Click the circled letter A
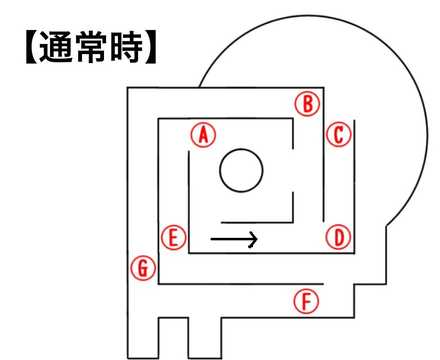pyautogui.click(x=203, y=134)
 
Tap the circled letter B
pyautogui.click(x=308, y=102)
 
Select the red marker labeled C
pyautogui.click(x=340, y=134)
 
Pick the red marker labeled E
pyautogui.click(x=174, y=237)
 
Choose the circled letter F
pyautogui.click(x=308, y=300)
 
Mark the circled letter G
pyautogui.click(x=143, y=268)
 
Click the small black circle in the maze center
pyautogui.click(x=240, y=171)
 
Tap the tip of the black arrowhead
pyautogui.click(x=259, y=239)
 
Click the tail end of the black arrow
pyautogui.click(x=211, y=239)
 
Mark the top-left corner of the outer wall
pyautogui.click(x=128, y=88)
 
